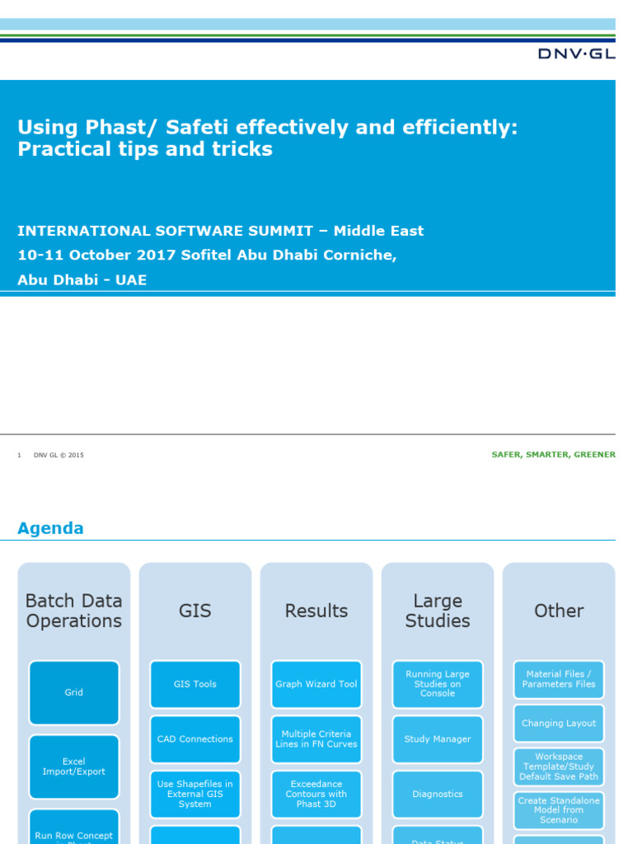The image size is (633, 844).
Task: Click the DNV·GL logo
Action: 576,54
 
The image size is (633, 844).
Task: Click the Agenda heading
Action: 50,528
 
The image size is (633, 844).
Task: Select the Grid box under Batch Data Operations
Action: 74,692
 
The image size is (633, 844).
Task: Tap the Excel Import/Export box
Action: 74,767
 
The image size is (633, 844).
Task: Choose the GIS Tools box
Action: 195,684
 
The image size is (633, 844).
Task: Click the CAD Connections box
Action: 195,739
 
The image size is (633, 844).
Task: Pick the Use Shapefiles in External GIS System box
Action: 195,794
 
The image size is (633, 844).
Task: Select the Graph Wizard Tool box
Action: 316,684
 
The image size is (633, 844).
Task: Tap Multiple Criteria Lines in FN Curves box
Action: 316,739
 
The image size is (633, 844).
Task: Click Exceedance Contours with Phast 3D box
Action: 316,794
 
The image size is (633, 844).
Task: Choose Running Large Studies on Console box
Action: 438,684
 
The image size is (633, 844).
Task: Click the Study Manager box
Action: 438,739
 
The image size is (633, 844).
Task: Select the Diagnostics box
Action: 438,794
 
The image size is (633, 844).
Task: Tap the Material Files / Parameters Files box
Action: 559,679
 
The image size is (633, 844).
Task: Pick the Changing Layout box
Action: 559,723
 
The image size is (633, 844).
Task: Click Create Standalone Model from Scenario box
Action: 559,810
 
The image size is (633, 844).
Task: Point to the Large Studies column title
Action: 438,611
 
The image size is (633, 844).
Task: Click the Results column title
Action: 316,611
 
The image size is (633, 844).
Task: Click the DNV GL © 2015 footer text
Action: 59,455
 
